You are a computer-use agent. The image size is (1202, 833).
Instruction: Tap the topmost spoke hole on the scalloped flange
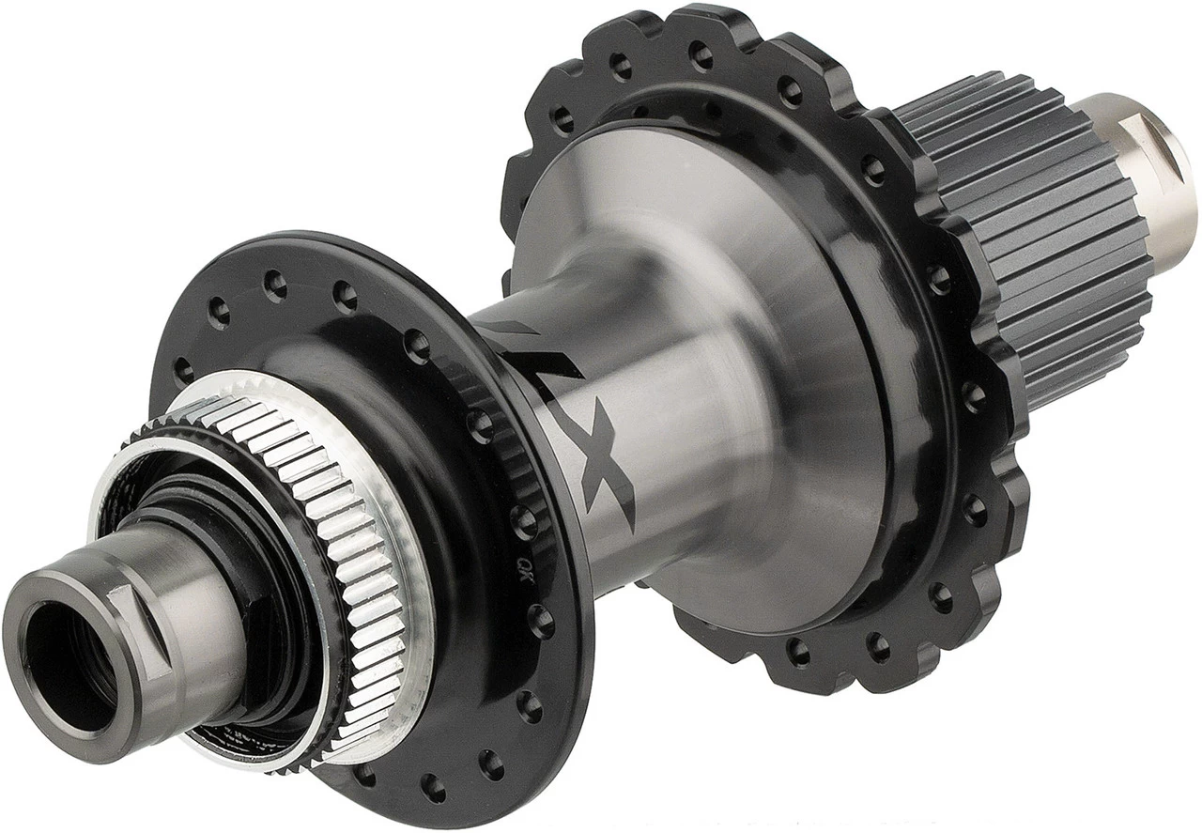(700, 53)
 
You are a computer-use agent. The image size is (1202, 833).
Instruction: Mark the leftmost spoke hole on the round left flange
(184, 370)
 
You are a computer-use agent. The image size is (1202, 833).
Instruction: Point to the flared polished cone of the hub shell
(751, 357)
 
